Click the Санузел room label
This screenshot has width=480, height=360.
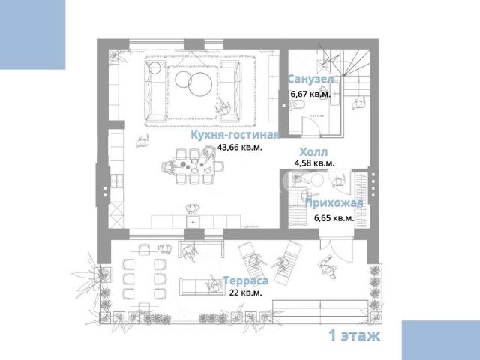[x=310, y=79]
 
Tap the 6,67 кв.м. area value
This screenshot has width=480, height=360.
[x=310, y=94]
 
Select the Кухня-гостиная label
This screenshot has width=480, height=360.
[x=235, y=135]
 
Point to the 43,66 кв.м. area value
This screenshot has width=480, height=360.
[x=240, y=147]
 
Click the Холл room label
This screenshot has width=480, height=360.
[x=313, y=151]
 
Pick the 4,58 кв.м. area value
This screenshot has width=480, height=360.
[x=314, y=163]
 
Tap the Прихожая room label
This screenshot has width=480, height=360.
[x=334, y=203]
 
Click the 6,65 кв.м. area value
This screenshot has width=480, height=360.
[x=334, y=218]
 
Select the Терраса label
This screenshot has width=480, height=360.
[x=246, y=280]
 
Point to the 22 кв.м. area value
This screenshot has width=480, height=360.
[x=245, y=292]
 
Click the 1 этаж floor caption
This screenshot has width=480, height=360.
[x=354, y=335]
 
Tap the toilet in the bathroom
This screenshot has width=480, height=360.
[x=298, y=105]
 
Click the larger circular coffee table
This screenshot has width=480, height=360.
[x=200, y=84]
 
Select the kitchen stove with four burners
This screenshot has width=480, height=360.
[x=117, y=181]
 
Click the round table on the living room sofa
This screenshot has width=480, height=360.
[x=155, y=67]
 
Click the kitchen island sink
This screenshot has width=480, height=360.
[x=193, y=222]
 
